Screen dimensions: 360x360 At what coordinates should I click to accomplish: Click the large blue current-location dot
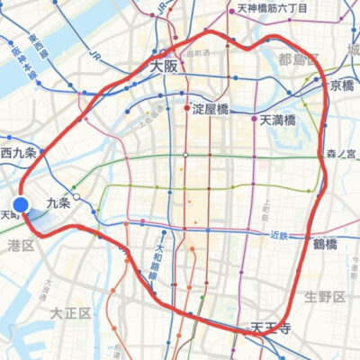(23, 206)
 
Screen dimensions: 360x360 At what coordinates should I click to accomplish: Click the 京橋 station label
(341, 85)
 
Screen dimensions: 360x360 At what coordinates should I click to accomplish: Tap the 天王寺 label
(270, 325)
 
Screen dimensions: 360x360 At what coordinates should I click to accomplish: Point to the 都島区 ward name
(298, 60)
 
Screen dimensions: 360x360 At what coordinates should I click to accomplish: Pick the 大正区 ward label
(71, 313)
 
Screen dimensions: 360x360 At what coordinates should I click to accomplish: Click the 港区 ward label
(20, 244)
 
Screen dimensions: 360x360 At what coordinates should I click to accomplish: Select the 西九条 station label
(19, 153)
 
